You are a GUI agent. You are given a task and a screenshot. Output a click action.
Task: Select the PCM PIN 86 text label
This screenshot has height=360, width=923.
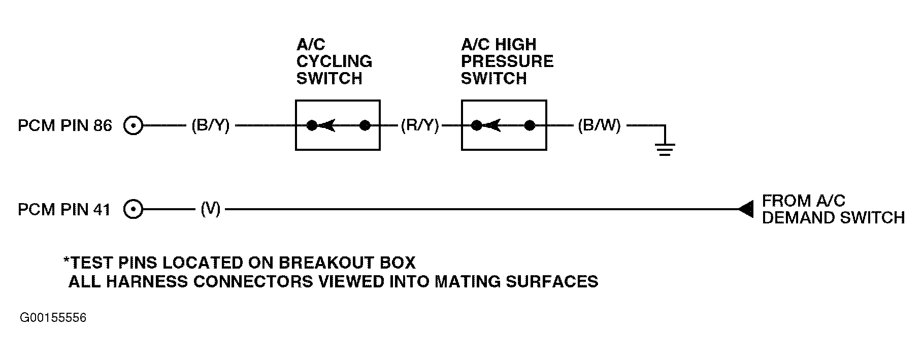coord(64,125)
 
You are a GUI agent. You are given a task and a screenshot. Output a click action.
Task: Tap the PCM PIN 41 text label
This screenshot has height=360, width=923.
coord(64,209)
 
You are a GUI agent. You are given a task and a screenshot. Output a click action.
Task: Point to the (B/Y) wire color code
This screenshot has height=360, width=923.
coord(211,125)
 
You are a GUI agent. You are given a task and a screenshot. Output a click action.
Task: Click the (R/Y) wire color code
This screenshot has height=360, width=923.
coord(420,125)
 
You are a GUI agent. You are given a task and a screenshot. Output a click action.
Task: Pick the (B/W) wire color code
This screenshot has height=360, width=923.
coord(600,125)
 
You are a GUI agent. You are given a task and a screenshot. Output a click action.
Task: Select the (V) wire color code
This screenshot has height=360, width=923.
coord(211,209)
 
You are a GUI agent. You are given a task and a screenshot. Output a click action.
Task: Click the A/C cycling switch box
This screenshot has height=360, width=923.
coord(338,101)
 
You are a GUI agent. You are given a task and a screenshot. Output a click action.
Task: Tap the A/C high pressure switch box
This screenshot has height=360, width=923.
coord(504,101)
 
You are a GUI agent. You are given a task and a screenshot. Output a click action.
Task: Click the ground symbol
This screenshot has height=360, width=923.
coord(665,149)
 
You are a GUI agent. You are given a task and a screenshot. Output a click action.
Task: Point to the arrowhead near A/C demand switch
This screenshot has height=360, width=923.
coord(746,209)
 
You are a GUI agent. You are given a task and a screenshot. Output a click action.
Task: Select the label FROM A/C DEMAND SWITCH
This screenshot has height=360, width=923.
coord(833,209)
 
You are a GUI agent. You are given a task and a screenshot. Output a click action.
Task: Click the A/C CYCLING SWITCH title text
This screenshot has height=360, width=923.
coord(334,61)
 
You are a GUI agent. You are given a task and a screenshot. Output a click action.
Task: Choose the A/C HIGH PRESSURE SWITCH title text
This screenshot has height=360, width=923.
coord(507,61)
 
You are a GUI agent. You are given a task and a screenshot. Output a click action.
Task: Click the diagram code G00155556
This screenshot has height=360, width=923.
coord(53,318)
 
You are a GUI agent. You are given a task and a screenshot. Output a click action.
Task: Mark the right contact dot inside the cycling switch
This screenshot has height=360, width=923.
coord(365,125)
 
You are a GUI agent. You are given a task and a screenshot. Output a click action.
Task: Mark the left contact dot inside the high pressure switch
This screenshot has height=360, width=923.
coord(477,125)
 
